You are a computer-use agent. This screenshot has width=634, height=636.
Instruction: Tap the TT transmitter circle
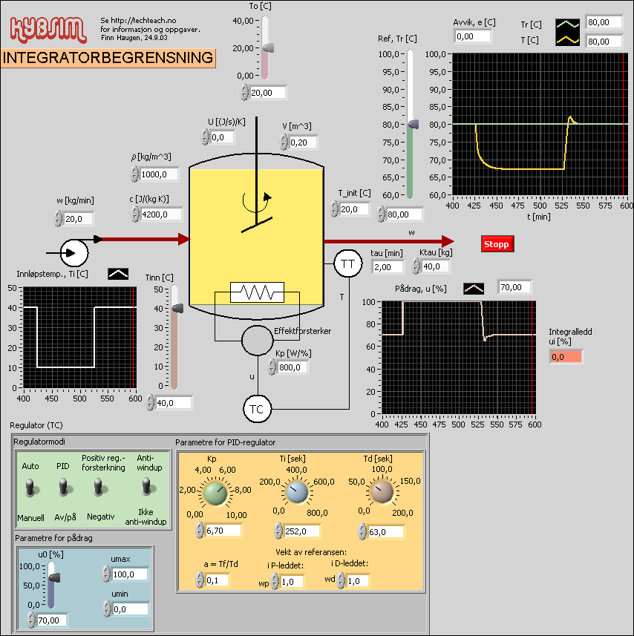pos(347,263)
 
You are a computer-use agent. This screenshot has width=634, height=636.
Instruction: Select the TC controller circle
pos(258,409)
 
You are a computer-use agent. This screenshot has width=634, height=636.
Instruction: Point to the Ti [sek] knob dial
pos(297,492)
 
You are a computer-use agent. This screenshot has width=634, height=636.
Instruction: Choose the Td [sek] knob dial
pos(382,492)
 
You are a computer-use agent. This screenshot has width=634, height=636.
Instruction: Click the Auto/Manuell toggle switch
pos(30,488)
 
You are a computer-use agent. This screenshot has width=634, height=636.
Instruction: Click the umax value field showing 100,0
pos(129,574)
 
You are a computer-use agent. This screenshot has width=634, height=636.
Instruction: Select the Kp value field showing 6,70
pos(223,531)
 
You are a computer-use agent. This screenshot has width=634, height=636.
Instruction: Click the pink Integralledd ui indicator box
pos(566,357)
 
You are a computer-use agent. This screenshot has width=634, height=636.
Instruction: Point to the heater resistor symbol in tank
pos(257,292)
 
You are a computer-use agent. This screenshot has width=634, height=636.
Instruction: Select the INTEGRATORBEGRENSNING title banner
pos(108,58)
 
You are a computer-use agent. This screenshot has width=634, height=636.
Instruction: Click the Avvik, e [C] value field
pos(474,36)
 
